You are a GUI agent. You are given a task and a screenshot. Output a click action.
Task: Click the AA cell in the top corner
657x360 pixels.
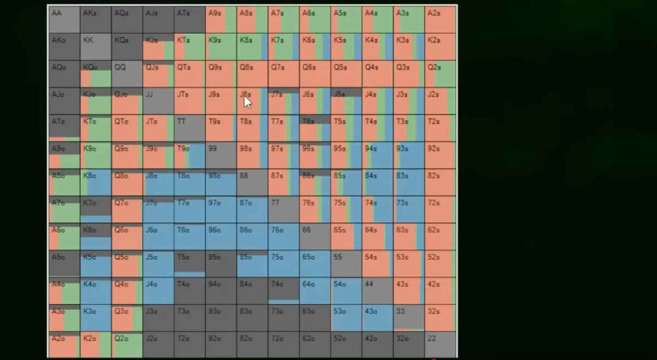[64, 19]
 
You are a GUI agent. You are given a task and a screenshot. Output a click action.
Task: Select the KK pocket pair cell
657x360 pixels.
[96, 46]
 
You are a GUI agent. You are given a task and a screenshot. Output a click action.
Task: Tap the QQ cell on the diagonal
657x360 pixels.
[126, 73]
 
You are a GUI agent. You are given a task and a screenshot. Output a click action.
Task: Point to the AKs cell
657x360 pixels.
[96, 19]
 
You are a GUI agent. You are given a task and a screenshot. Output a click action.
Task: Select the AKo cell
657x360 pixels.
[64, 46]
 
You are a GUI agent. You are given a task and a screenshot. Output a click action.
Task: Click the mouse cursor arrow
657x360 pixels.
[247, 101]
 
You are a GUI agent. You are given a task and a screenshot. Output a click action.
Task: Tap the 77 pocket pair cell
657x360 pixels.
[284, 209]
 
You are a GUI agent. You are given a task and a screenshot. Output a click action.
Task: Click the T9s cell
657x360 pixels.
[221, 128]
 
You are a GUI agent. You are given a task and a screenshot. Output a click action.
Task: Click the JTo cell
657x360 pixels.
[158, 128]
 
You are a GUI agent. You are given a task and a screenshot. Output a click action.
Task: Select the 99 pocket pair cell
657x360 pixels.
[221, 155]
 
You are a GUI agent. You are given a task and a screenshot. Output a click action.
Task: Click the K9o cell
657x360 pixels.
[96, 155]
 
